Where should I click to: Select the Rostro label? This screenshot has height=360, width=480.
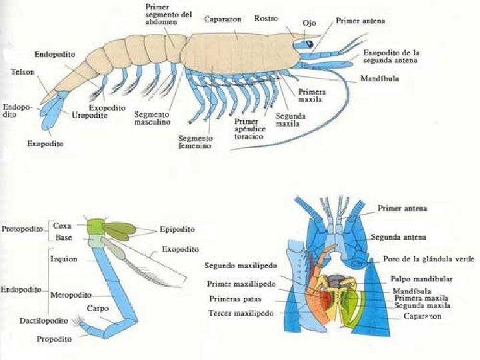point(267,18)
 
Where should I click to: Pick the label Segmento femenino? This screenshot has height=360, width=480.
point(195,141)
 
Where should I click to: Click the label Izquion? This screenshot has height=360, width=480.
point(64,259)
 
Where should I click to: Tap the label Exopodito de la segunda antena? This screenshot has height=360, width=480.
point(391,56)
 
